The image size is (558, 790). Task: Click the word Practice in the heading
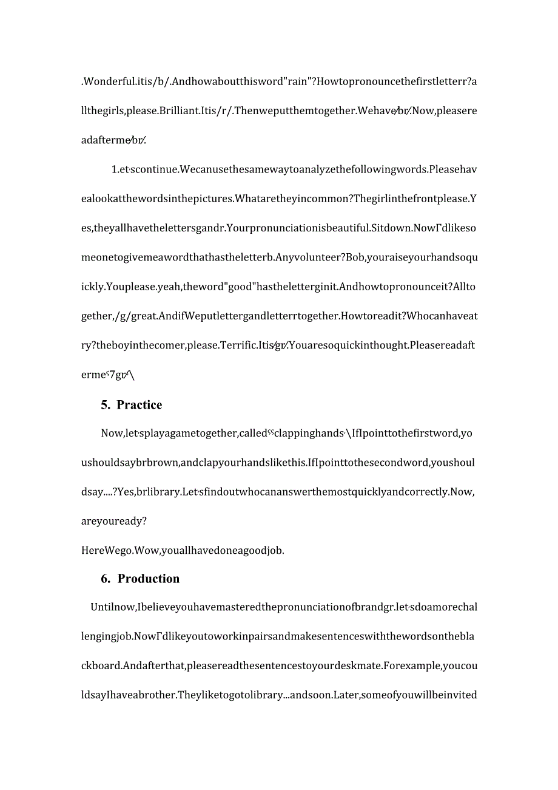click(x=139, y=405)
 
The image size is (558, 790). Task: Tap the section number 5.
click(x=105, y=405)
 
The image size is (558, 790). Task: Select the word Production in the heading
click(x=149, y=579)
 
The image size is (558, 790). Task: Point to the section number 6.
click(x=106, y=579)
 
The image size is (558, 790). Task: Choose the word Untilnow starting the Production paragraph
click(x=113, y=607)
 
